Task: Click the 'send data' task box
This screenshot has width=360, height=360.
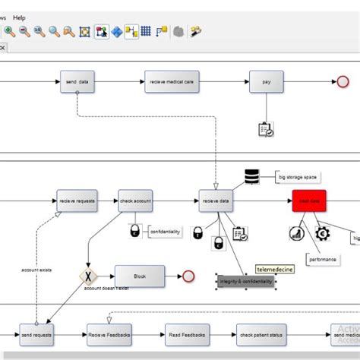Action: click(77, 81)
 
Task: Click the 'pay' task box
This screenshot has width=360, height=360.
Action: click(266, 81)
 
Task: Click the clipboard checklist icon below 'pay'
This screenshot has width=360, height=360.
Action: click(266, 130)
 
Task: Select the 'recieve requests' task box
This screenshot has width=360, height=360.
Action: click(77, 201)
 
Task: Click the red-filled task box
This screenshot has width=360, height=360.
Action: click(309, 201)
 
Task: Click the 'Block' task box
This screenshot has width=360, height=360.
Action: click(139, 276)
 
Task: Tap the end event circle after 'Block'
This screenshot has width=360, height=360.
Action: click(189, 276)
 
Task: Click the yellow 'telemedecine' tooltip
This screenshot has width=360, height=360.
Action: click(273, 268)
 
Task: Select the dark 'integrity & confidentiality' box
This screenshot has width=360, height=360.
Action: click(246, 282)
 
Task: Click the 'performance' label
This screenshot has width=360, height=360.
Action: click(323, 259)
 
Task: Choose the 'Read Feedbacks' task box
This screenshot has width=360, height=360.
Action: click(186, 334)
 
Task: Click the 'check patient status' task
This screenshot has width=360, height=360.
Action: click(261, 334)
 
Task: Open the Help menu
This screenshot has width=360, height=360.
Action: click(19, 17)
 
